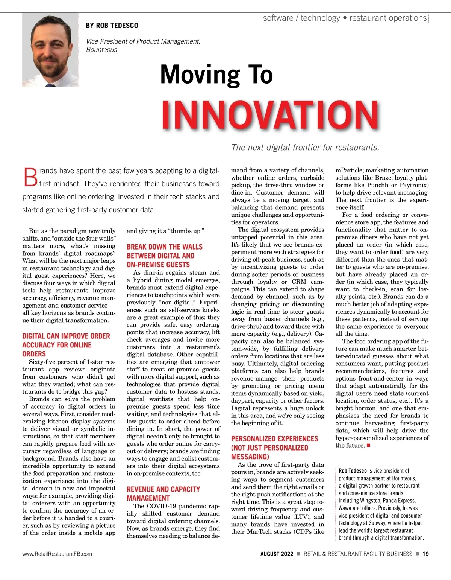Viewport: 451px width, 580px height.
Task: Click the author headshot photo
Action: click(50, 50)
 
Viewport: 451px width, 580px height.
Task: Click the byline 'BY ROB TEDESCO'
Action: click(112, 26)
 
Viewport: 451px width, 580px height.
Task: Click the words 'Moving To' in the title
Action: click(216, 75)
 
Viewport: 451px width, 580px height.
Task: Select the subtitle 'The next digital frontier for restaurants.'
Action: click(305, 147)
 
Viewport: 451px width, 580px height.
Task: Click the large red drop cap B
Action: click(30, 177)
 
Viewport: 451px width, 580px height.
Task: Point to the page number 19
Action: click(425, 554)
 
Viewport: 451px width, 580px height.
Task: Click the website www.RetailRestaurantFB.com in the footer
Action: click(57, 554)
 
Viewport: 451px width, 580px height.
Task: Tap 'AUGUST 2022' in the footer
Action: click(277, 554)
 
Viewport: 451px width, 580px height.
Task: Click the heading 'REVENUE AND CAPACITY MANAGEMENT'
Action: click(163, 493)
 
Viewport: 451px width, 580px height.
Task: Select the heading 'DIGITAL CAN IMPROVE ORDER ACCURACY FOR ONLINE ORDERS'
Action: click(66, 345)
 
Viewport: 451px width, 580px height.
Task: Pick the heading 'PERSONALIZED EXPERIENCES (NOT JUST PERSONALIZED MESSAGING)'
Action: click(274, 448)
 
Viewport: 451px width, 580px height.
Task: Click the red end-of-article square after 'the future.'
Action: click(369, 446)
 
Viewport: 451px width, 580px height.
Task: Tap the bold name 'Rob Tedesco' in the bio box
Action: click(353, 470)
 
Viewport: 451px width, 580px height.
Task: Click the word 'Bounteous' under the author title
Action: click(101, 50)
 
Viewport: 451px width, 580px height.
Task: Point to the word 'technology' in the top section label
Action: click(320, 18)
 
